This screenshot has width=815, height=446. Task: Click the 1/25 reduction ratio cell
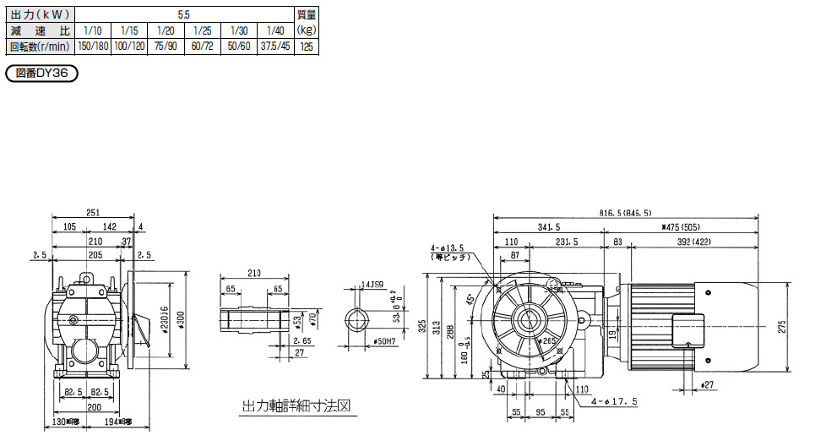point(203,31)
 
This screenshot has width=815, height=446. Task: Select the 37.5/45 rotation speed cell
point(275,46)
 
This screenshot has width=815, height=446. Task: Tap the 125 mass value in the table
point(307,46)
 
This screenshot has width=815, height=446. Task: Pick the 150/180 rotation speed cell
point(94,46)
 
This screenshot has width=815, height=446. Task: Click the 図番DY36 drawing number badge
point(42,74)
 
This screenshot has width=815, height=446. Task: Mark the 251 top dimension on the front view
point(94,214)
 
